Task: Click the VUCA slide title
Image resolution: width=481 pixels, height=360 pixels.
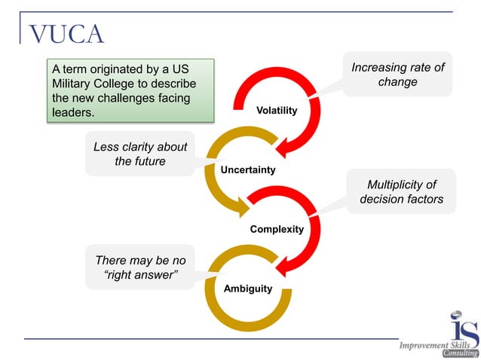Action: pyautogui.click(x=66, y=34)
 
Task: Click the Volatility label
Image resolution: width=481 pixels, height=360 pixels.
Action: pyautogui.click(x=277, y=111)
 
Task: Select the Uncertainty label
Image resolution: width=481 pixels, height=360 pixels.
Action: pyautogui.click(x=247, y=169)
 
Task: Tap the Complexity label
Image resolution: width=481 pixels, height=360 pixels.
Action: pyautogui.click(x=277, y=229)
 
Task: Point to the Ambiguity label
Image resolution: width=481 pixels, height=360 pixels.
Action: pyautogui.click(x=247, y=288)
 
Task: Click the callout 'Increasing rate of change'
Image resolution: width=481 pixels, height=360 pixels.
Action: pyautogui.click(x=397, y=75)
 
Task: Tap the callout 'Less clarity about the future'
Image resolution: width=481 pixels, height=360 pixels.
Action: pyautogui.click(x=140, y=154)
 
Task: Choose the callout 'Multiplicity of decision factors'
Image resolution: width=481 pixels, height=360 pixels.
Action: pyautogui.click(x=400, y=192)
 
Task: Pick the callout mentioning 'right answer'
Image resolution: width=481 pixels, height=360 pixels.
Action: pyautogui.click(x=140, y=267)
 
